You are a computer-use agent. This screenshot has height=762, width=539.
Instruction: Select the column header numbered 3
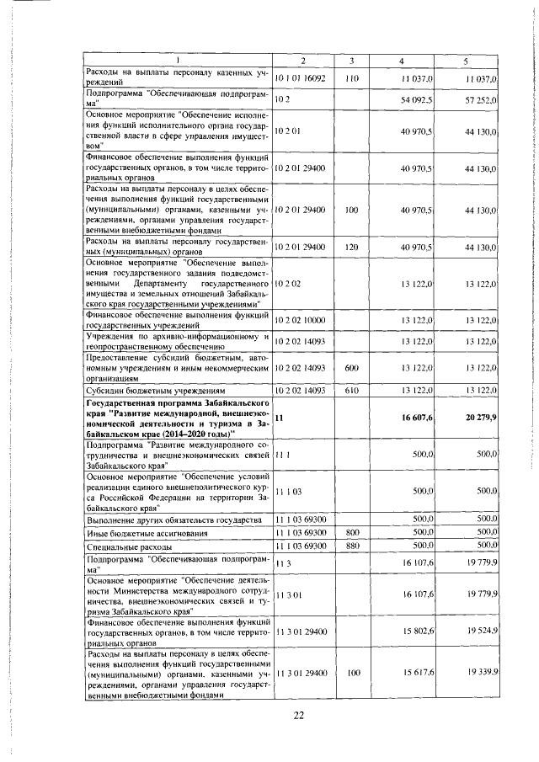tap(352, 61)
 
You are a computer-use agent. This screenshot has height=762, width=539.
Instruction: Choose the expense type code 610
tap(352, 392)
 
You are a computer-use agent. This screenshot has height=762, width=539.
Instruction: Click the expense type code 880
tap(352, 546)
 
